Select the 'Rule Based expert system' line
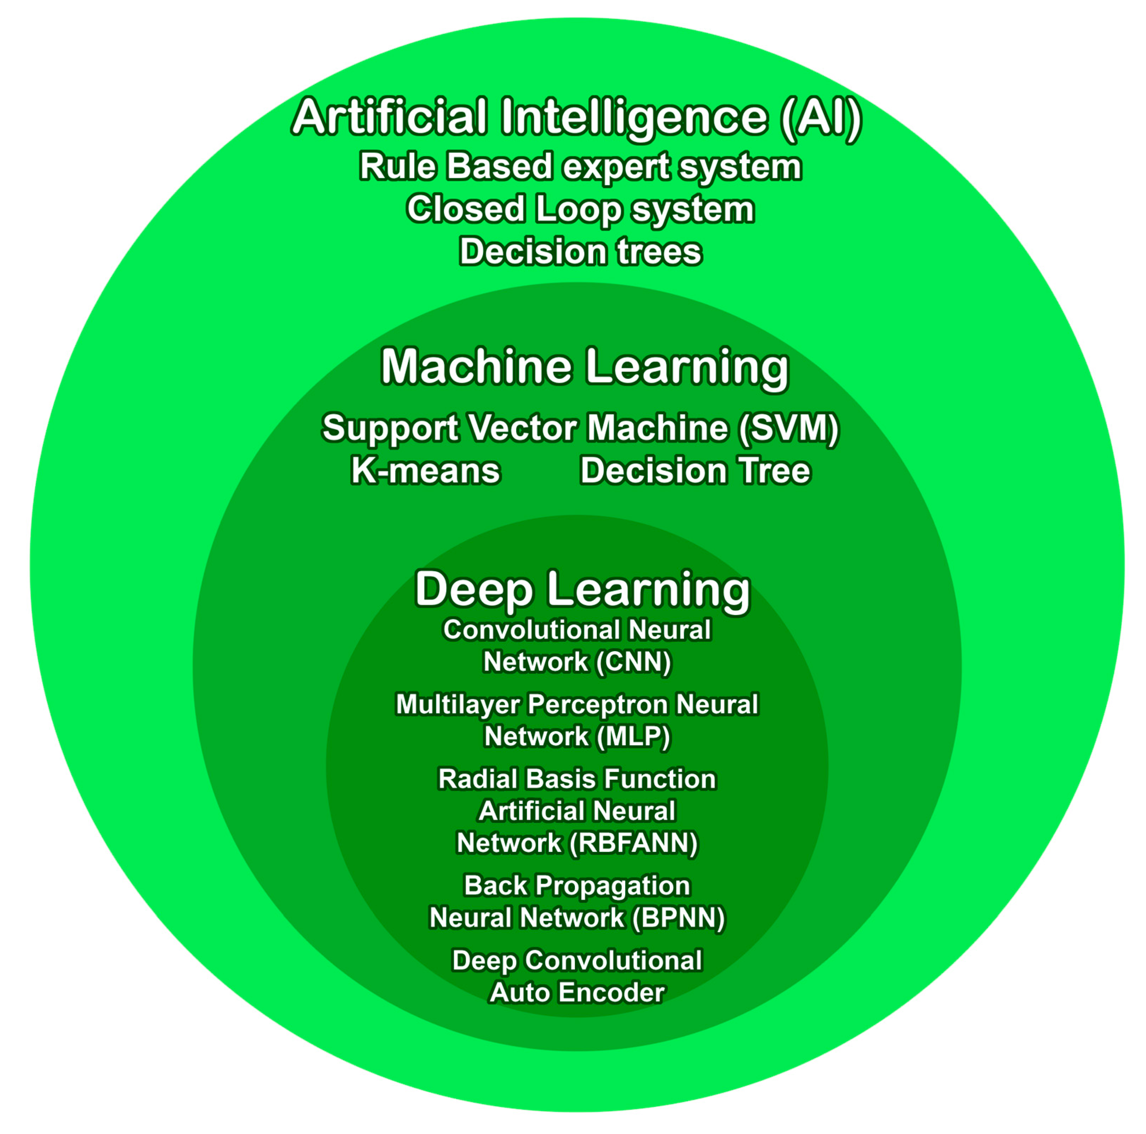pos(580,166)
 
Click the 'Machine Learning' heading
pos(585,368)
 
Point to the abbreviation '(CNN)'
pos(634,662)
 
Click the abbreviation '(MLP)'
pos(633,737)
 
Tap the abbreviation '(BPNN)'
pos(678,918)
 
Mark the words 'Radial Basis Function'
pos(577,779)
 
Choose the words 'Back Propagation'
pos(577,887)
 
